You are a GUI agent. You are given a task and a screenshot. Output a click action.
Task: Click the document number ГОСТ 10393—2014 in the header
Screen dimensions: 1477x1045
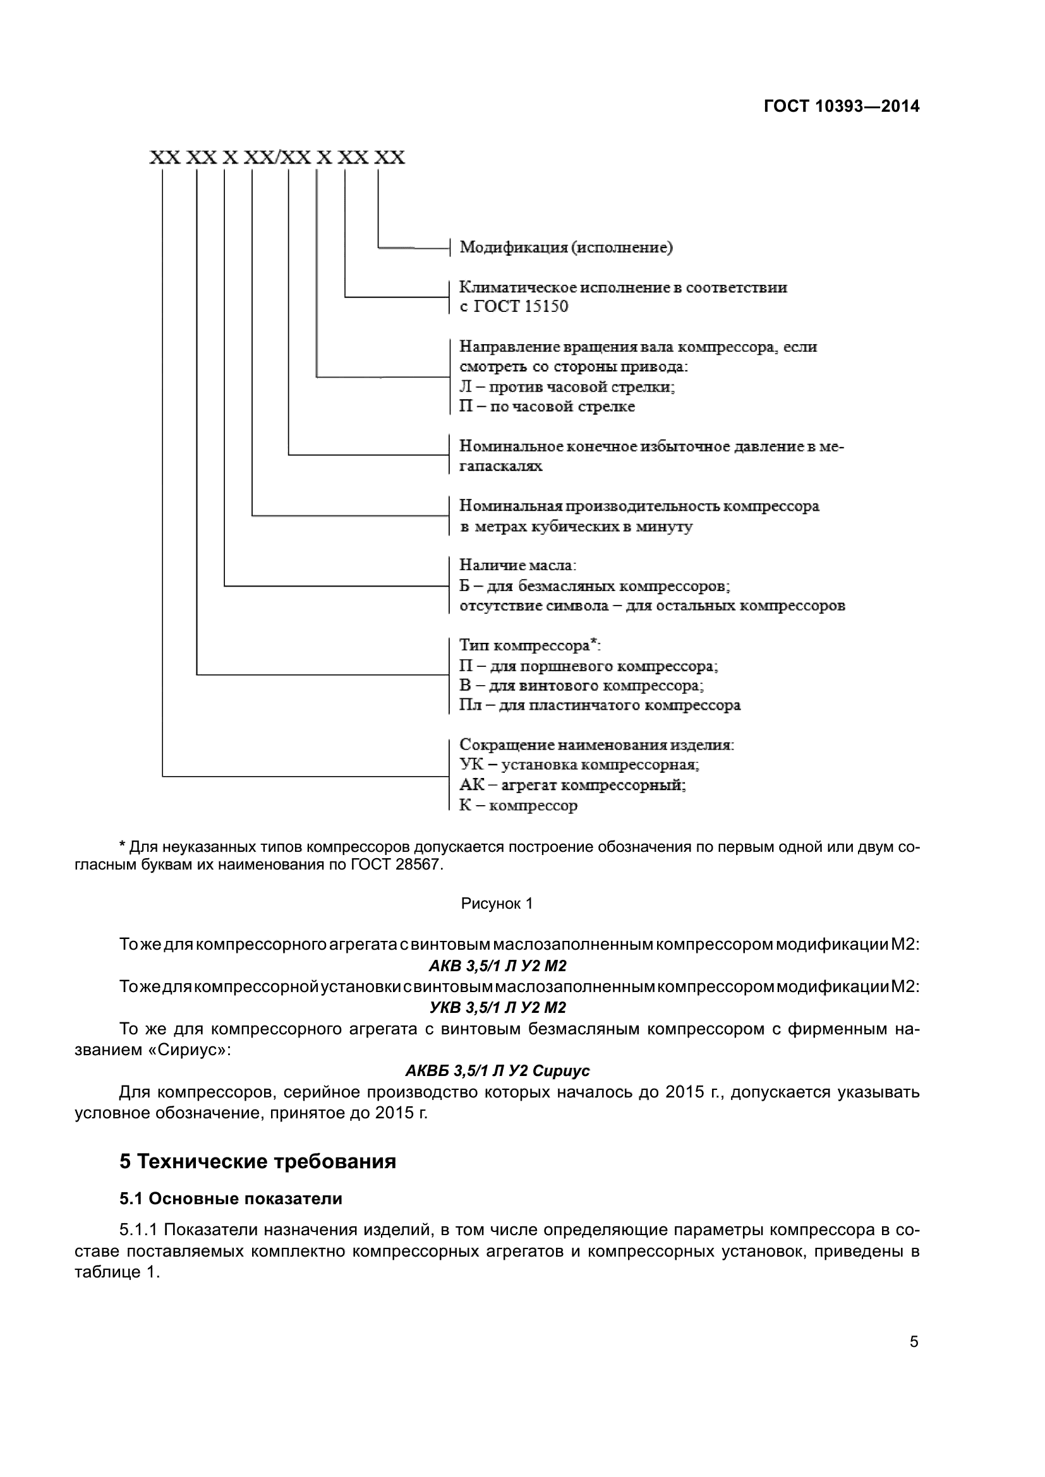pyautogui.click(x=841, y=106)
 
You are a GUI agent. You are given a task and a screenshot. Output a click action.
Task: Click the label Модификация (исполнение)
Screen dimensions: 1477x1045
pyautogui.click(x=565, y=248)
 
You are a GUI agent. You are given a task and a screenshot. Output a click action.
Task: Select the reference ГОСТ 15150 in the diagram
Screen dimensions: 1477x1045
pyautogui.click(x=521, y=307)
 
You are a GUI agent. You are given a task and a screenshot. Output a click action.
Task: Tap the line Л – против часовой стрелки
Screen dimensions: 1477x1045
pyautogui.click(x=566, y=386)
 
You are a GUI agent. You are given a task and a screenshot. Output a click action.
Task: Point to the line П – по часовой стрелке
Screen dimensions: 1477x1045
pyautogui.click(x=547, y=407)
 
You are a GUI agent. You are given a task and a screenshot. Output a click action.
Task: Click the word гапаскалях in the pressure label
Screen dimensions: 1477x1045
pyautogui.click(x=500, y=467)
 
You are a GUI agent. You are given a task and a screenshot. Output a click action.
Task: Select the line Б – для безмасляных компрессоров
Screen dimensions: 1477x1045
pyautogui.click(x=594, y=586)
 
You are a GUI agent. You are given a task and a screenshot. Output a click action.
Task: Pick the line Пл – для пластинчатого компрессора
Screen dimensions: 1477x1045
pyautogui.click(x=600, y=705)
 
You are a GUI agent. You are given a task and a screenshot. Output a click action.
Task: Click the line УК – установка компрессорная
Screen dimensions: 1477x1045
pyautogui.click(x=579, y=765)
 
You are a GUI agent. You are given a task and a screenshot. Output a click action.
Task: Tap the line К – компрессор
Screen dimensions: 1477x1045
pyautogui.click(x=518, y=805)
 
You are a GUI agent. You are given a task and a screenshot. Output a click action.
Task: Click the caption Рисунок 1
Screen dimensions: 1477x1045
pyautogui.click(x=497, y=904)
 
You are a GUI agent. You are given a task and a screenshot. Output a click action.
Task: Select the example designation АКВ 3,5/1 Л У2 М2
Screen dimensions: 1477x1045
pyautogui.click(x=497, y=966)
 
